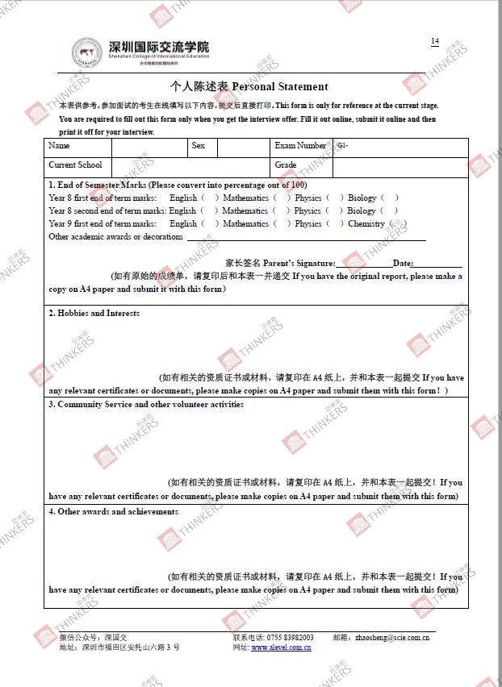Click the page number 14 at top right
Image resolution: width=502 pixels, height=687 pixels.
click(435, 41)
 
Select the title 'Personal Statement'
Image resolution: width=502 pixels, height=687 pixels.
click(280, 86)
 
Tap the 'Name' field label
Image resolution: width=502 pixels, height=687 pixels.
click(59, 146)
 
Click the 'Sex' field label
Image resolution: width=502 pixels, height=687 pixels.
click(199, 146)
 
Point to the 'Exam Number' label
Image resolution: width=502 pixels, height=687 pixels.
click(300, 146)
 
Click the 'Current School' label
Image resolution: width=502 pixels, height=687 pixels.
click(75, 165)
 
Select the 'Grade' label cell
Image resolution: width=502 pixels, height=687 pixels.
click(286, 165)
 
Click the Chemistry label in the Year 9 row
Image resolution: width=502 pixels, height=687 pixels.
click(366, 223)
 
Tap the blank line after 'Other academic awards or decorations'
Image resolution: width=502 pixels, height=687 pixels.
click(307, 237)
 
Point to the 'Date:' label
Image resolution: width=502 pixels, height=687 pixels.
click(403, 264)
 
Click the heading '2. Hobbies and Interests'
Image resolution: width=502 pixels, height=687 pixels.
click(94, 313)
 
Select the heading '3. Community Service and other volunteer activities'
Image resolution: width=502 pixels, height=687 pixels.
click(146, 404)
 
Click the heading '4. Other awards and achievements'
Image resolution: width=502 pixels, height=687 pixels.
click(113, 511)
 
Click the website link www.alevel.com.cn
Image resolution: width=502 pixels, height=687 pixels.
click(281, 647)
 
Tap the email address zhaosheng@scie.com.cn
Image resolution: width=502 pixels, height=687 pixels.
click(392, 637)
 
